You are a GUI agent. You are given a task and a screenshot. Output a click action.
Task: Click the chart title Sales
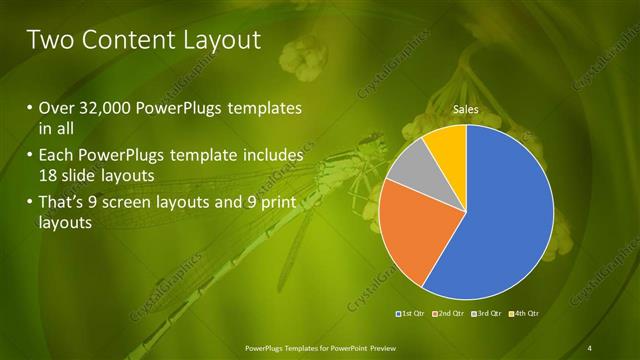click(x=465, y=108)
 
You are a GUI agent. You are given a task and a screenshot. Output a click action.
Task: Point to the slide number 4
click(x=590, y=348)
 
